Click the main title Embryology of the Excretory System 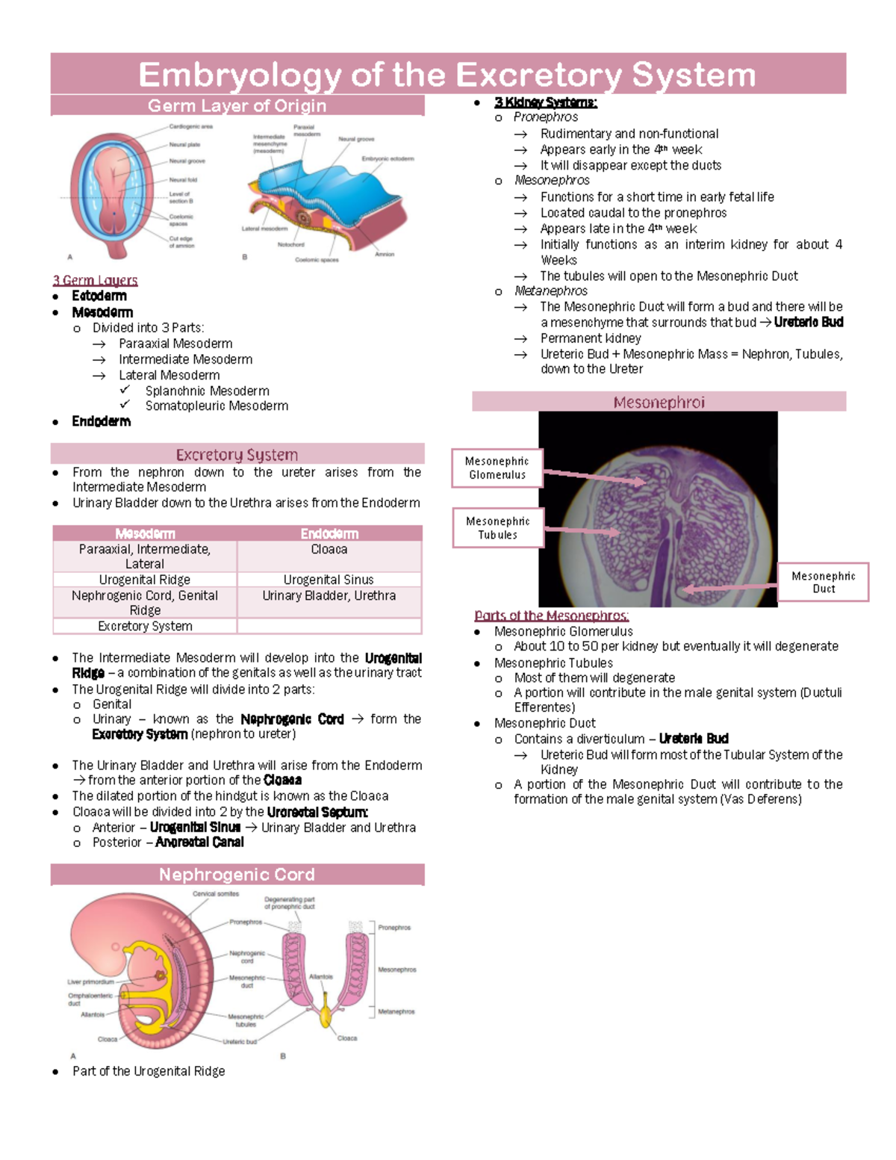447,75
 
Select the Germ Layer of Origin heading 237,105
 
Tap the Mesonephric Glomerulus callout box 497,468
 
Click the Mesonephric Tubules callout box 497,528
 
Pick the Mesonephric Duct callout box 823,582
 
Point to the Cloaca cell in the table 329,549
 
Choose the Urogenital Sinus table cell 329,580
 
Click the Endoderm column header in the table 329,533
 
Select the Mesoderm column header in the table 145,533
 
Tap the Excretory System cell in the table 145,626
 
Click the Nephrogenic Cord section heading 237,875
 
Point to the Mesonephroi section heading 659,402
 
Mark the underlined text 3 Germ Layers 95,280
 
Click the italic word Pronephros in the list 545,117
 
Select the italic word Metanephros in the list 550,291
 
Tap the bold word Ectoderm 99,296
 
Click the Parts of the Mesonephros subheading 551,615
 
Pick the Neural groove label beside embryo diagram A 187,161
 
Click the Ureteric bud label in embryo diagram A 239,1041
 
